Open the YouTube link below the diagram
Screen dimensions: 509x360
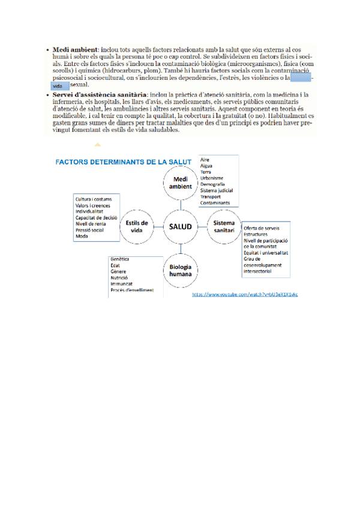245,295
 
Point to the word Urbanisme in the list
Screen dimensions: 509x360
212,178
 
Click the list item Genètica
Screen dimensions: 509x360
120,259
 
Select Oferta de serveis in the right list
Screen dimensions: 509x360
262,229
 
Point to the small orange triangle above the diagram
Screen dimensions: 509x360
97,145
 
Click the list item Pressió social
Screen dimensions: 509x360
89,230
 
